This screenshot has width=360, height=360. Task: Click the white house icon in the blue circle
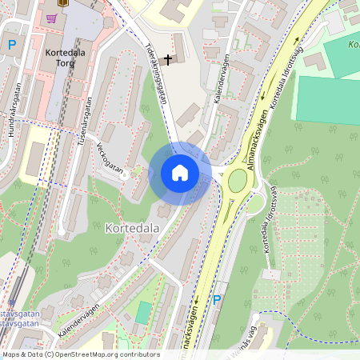coord(180,173)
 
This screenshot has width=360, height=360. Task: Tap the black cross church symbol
coord(168,58)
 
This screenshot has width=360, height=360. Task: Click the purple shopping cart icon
coord(51,18)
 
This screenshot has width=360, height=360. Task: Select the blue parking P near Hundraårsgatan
coord(11,46)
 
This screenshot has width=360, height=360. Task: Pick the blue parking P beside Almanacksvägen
coord(217,300)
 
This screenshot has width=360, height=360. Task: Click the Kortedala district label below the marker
coord(131,228)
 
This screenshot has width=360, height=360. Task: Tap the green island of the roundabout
coord(238,182)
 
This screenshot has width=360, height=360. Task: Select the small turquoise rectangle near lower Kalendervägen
coord(143,312)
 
